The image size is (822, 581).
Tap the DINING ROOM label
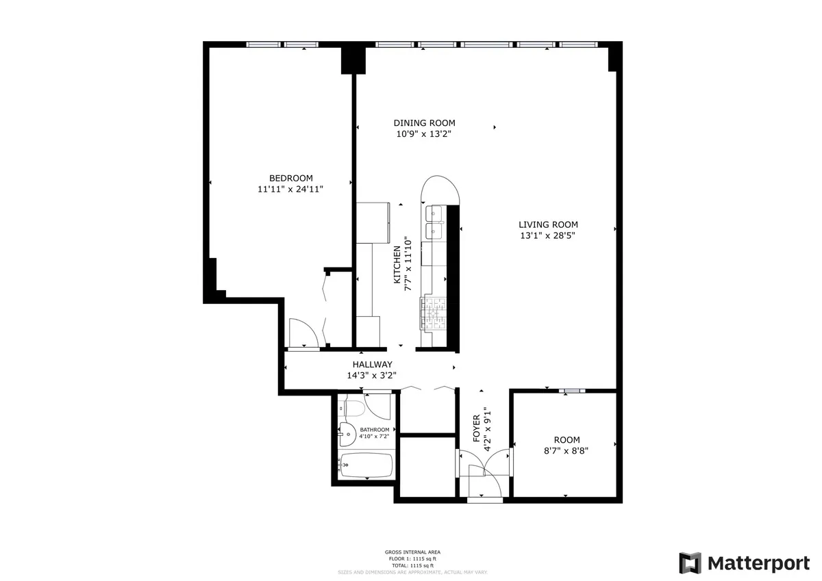pos(424,123)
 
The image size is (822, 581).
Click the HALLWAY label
pos(372,365)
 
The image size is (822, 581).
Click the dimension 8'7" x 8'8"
pos(566,451)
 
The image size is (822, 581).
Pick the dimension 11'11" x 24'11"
pos(290,190)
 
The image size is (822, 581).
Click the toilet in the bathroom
pos(354,409)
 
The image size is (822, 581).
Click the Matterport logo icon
pos(690,563)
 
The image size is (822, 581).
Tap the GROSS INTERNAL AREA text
pos(412,552)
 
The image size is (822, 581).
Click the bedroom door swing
pos(301,333)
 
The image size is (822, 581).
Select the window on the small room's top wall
pos(571,391)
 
